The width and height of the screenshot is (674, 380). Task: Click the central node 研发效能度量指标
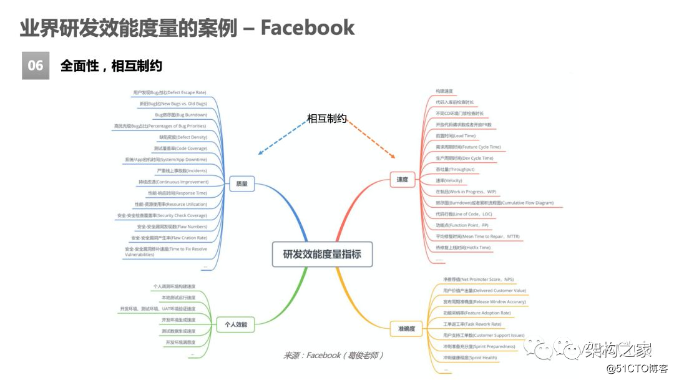322,255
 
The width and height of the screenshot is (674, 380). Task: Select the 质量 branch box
238,184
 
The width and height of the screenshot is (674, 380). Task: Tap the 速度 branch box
403,180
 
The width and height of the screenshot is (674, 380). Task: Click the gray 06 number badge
36,66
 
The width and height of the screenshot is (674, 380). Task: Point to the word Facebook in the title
308,27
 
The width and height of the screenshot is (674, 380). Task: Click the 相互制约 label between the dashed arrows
326,118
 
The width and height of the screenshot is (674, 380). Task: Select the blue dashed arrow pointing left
281,139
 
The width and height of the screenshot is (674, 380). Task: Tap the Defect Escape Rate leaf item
170,92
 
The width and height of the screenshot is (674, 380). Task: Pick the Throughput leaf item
455,169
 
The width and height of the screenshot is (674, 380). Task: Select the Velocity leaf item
449,180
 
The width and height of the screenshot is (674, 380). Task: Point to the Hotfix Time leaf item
463,248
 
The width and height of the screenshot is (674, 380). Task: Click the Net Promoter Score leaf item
478,280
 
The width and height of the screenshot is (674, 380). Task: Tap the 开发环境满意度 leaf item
180,343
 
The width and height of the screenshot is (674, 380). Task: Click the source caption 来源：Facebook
333,355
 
